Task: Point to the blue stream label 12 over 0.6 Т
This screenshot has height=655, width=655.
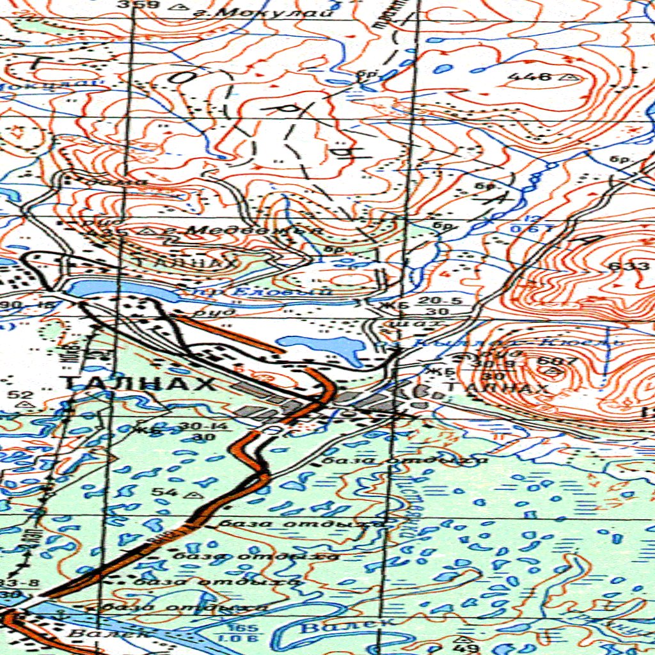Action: [525, 224]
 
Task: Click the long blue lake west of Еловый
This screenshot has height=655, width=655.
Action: [122, 291]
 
